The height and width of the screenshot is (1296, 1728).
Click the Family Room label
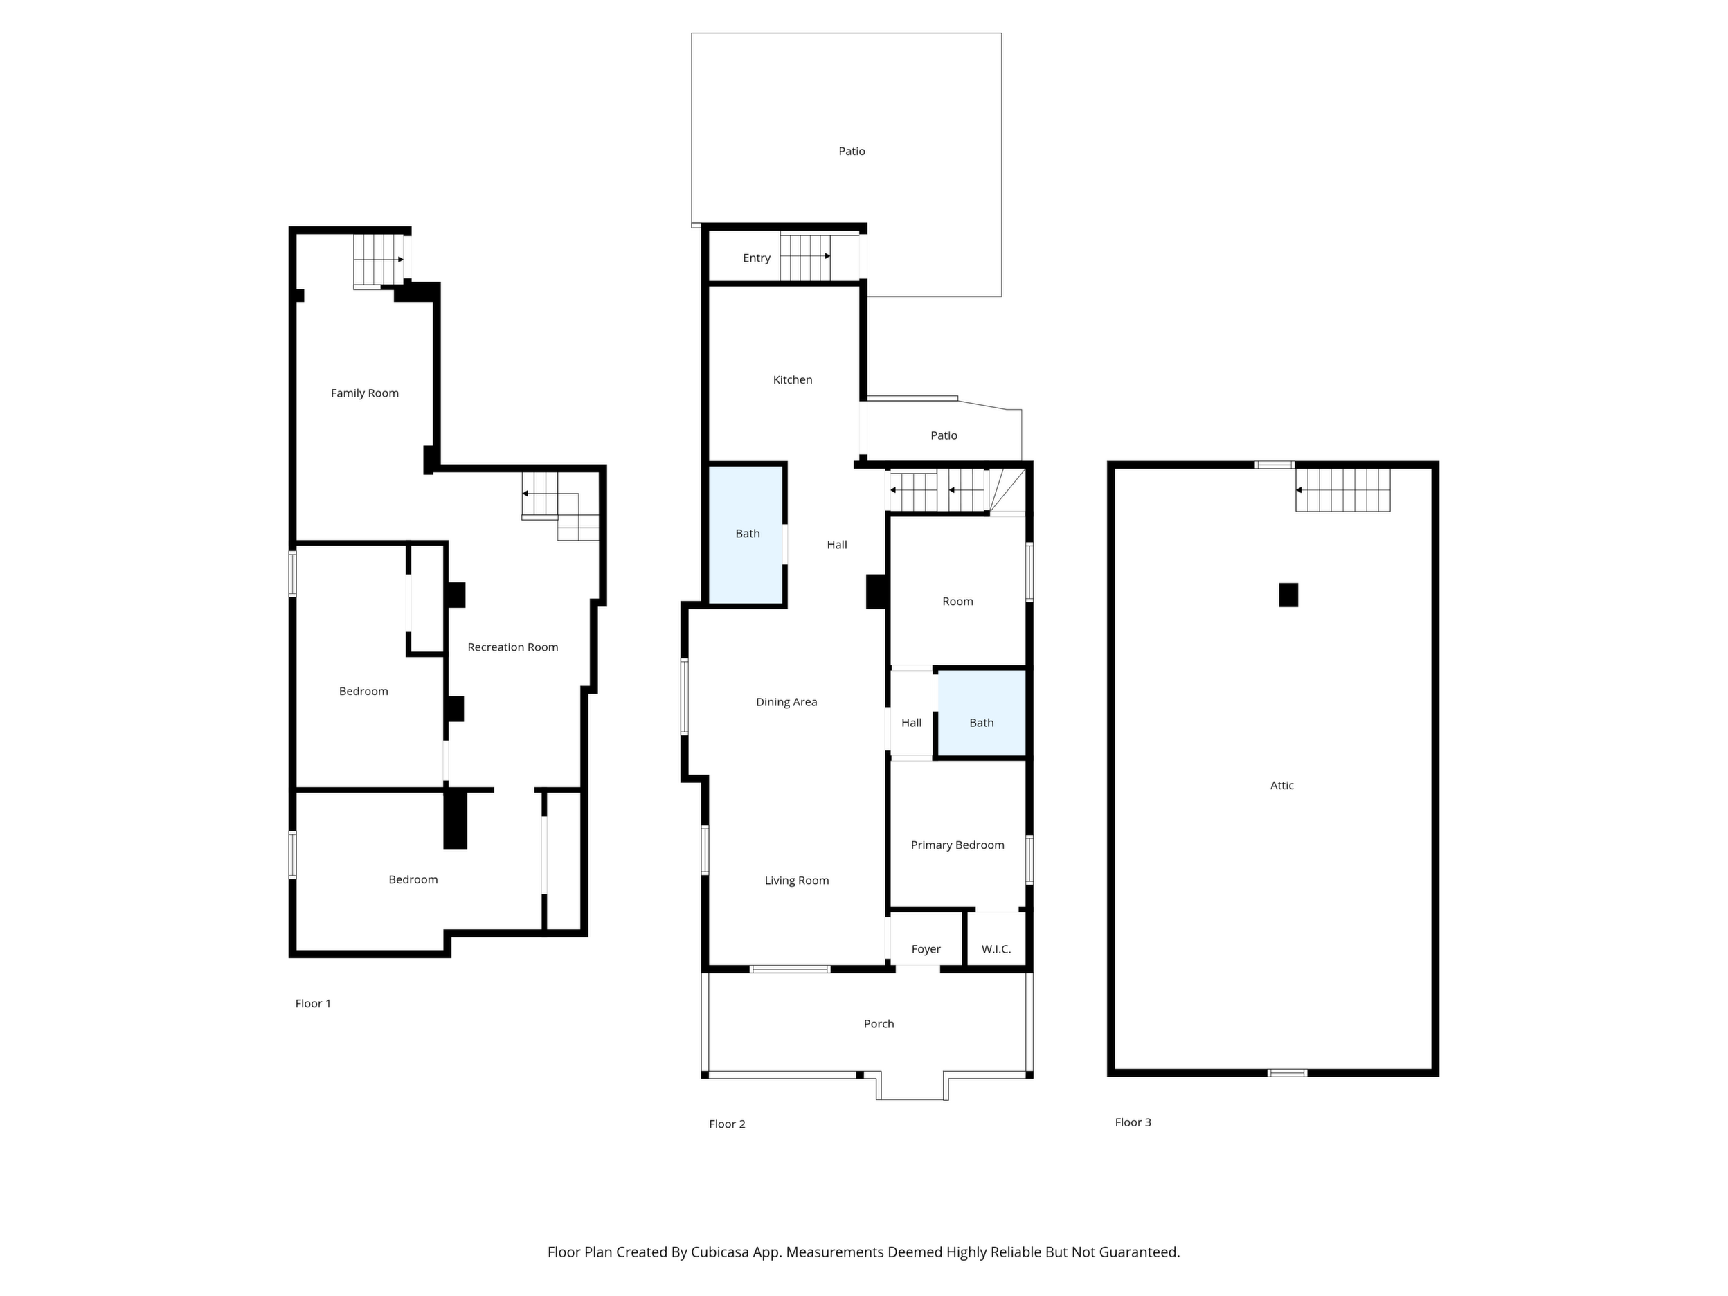pos(364,393)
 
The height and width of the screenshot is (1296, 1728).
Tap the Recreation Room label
pos(512,647)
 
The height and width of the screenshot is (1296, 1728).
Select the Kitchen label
pos(792,379)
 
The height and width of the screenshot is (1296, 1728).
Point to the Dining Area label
pos(786,702)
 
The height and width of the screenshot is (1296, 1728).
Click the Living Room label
pos(796,881)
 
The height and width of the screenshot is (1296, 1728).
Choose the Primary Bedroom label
pos(957,845)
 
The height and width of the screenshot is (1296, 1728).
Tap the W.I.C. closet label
pos(996,949)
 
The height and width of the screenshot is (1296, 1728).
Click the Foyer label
pos(926,949)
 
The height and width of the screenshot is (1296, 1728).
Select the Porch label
pos(879,1023)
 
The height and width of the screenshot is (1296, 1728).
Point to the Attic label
pos(1282,786)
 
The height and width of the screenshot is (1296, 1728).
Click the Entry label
pos(756,258)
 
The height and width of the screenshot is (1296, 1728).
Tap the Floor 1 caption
pos(312,1004)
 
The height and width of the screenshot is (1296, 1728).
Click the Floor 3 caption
pos(1133,1122)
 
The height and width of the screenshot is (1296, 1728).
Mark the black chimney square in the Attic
pos(1288,595)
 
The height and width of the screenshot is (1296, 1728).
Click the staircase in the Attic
pos(1343,490)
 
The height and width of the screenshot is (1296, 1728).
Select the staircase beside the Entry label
pos(805,257)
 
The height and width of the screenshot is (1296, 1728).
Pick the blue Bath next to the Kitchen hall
pos(746,534)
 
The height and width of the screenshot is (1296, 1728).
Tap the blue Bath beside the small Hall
pos(981,713)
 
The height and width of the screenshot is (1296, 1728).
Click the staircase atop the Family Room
pos(379,260)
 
